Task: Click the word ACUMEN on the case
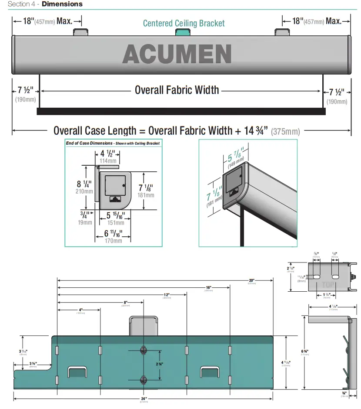click(177, 55)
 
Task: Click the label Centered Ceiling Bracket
click(184, 23)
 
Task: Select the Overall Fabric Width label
click(177, 90)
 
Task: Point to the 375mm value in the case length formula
click(285, 131)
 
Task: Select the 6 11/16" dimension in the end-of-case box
click(113, 234)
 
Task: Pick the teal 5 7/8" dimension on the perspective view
click(235, 154)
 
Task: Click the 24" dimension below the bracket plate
click(144, 399)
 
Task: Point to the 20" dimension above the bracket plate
click(251, 280)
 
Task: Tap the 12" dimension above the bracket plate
click(167, 295)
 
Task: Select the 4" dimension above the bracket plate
click(81, 310)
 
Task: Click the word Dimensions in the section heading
click(62, 4)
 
